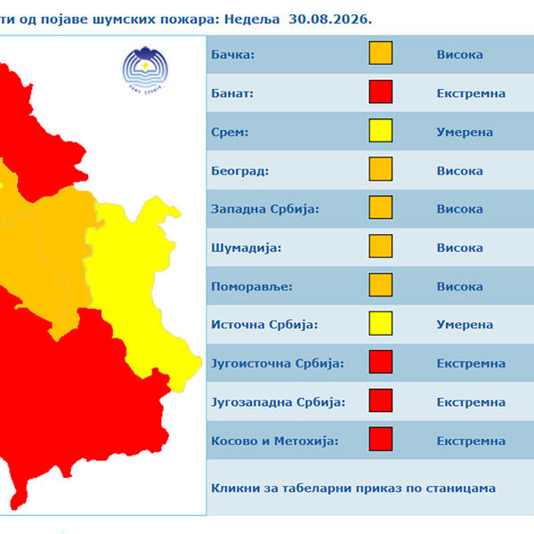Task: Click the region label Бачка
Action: tap(232, 54)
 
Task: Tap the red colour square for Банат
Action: tap(380, 92)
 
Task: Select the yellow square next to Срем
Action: tap(380, 131)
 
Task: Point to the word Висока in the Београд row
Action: tap(459, 171)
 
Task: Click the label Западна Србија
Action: tap(265, 209)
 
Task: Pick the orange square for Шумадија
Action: tap(380, 246)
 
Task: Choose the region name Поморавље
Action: tap(252, 287)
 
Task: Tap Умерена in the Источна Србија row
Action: tap(465, 325)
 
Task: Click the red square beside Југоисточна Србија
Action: tap(380, 361)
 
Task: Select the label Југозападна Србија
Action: tap(279, 402)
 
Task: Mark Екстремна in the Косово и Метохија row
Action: tap(471, 441)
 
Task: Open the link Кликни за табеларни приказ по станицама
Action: tap(353, 489)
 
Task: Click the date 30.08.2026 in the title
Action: tap(329, 20)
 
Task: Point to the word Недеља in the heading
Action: tap(252, 20)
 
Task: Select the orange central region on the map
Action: tap(51, 246)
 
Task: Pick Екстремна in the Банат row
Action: tap(471, 93)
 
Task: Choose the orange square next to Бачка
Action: tap(380, 53)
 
